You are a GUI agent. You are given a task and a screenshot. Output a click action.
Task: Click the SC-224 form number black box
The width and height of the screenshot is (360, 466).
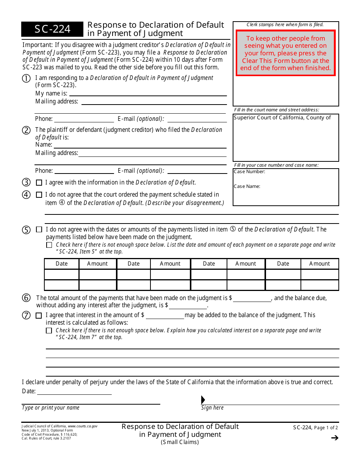click(52, 29)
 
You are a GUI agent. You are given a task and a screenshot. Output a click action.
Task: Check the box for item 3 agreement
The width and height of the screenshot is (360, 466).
click(39, 183)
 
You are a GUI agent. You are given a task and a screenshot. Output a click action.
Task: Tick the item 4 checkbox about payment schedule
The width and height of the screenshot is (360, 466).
click(39, 195)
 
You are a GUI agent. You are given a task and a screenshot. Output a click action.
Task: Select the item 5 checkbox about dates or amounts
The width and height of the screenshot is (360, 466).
click(39, 230)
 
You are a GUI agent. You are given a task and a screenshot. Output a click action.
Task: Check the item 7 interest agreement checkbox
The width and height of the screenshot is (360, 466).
click(39, 315)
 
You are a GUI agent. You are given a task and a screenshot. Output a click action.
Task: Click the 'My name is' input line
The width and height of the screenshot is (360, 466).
click(148, 93)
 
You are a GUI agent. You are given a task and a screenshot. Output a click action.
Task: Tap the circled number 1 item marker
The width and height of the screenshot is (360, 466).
click(26, 78)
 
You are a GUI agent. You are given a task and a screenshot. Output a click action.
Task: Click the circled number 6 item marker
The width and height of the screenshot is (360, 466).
click(26, 298)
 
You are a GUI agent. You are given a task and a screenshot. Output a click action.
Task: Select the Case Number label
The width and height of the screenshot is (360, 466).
click(249, 172)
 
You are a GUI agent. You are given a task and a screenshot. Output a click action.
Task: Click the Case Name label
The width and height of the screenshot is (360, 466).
click(247, 186)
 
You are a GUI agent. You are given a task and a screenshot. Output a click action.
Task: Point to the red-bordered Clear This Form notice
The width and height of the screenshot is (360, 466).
click(285, 53)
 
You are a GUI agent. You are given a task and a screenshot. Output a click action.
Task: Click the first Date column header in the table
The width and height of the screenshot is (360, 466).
click(61, 264)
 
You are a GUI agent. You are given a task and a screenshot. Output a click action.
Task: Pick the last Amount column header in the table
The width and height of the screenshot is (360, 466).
click(319, 264)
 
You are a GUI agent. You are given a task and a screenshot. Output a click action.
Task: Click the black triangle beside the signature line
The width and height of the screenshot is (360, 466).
click(203, 400)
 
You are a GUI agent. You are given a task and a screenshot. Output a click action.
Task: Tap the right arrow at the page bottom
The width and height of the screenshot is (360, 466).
click(334, 438)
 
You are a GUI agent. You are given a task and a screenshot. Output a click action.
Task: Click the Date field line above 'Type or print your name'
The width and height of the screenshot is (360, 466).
click(74, 391)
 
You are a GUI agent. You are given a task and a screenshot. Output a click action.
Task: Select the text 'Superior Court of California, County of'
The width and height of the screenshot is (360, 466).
click(282, 117)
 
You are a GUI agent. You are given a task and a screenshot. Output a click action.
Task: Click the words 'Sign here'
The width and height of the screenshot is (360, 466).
click(212, 408)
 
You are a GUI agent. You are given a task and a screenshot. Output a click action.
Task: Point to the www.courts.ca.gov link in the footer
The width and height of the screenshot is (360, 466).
click(83, 426)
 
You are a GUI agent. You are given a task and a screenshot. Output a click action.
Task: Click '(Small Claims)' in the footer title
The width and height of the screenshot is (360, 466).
click(180, 442)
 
